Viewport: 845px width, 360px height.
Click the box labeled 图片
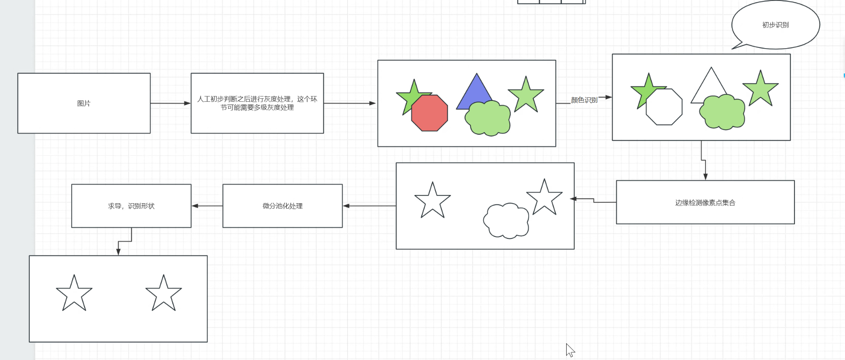click(x=84, y=103)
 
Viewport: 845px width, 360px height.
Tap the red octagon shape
click(x=430, y=113)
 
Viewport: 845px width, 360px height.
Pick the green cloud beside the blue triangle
click(x=488, y=118)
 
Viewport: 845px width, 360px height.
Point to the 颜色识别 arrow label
click(x=584, y=100)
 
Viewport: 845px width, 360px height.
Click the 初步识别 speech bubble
click(x=775, y=25)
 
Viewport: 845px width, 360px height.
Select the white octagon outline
click(x=664, y=108)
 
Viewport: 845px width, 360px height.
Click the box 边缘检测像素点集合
click(x=705, y=202)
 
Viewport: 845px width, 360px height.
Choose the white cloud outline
click(x=506, y=221)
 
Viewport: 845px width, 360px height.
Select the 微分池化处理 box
click(x=282, y=206)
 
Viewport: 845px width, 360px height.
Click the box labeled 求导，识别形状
click(x=131, y=206)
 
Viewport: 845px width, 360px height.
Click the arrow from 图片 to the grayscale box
click(x=170, y=103)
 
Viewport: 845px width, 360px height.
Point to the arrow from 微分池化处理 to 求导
click(x=207, y=206)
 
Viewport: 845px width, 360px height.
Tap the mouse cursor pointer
click(x=570, y=350)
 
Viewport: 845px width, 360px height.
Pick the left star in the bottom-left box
click(x=74, y=294)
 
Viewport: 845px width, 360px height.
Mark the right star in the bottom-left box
click(x=164, y=294)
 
